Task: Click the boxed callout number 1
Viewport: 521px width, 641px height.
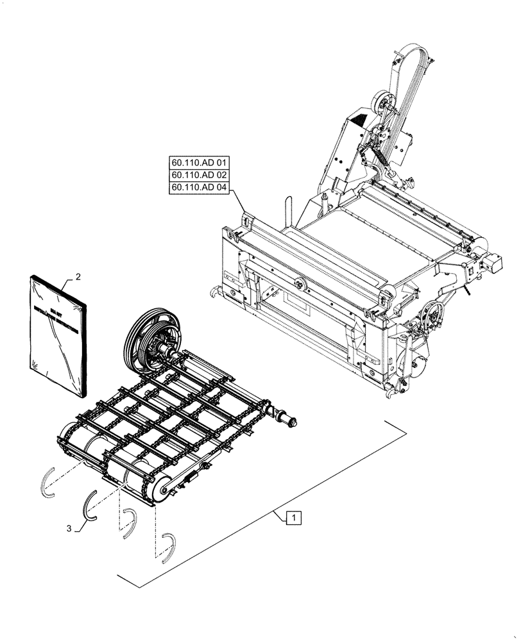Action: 293,517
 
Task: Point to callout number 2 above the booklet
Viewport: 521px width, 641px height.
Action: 78,277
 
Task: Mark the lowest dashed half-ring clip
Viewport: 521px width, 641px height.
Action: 168,547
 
